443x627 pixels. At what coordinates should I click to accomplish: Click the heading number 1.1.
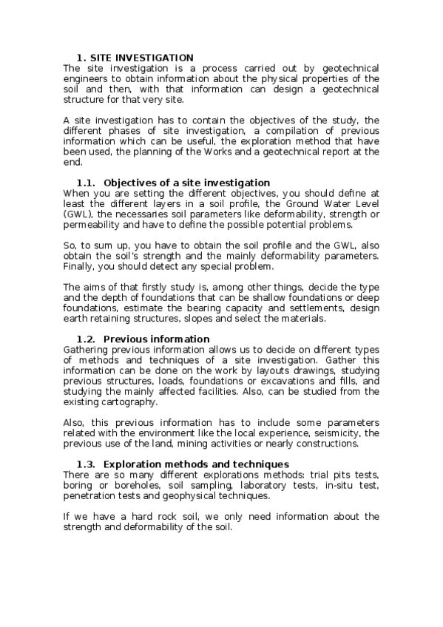click(87, 183)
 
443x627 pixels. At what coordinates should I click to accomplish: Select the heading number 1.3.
click(87, 464)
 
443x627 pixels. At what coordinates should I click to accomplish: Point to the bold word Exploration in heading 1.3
click(134, 464)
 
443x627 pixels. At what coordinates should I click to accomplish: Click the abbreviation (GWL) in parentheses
click(79, 214)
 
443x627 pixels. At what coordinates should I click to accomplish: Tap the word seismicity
click(334, 433)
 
